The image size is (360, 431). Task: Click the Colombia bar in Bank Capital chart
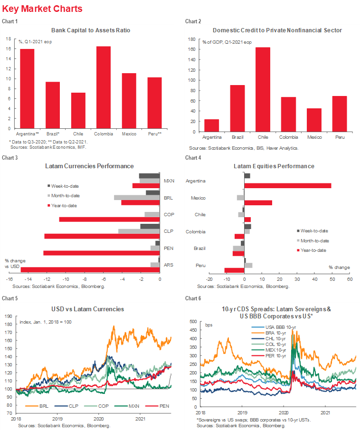click(103, 87)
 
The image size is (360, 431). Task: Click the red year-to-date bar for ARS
click(90, 269)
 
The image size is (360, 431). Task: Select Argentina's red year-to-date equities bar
click(287, 185)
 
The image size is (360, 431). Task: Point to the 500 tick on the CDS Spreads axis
click(193, 322)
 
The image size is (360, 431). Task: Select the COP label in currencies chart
click(168, 215)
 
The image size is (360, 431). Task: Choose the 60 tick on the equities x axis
click(349, 280)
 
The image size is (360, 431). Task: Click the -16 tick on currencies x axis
click(8, 280)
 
